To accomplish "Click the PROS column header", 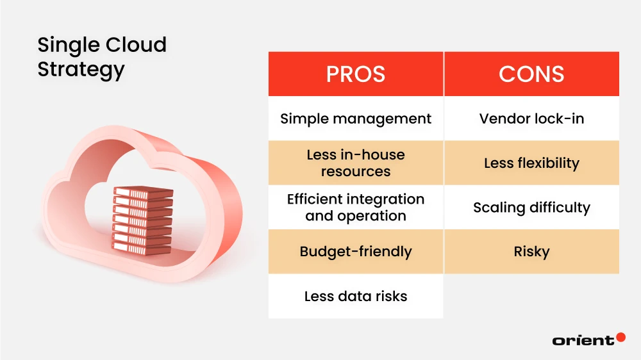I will tap(356, 74).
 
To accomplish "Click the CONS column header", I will tap(531, 74).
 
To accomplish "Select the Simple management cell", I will tap(356, 119).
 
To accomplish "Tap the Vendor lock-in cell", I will tap(531, 119).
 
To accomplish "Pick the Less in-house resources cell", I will tap(356, 163).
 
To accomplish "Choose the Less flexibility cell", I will tap(531, 163).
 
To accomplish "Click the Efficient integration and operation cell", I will tap(356, 207).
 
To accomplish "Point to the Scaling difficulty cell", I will tap(531, 208).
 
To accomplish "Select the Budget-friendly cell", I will tap(356, 251).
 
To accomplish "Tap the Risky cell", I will tap(531, 251).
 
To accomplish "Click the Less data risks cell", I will tap(356, 296).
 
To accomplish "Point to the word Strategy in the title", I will tap(81, 70).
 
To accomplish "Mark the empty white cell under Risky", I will tap(531, 296).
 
